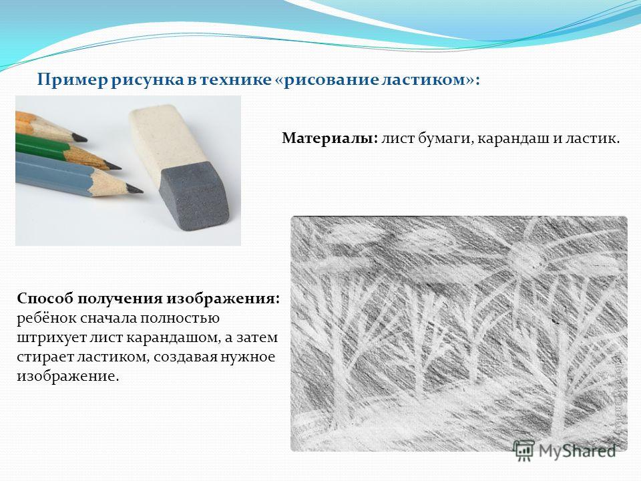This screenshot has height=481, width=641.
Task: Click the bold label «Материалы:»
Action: click(x=329, y=138)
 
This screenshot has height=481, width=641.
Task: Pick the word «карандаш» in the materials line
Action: click(x=513, y=140)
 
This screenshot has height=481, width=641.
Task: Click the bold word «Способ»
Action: click(x=45, y=299)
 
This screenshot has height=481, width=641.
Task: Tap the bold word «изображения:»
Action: click(x=223, y=299)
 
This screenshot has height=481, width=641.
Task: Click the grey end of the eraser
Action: click(x=194, y=194)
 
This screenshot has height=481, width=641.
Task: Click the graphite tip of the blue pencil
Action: click(x=135, y=189)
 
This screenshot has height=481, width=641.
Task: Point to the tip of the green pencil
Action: click(x=114, y=166)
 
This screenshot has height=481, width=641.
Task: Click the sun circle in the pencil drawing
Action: click(x=522, y=257)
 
